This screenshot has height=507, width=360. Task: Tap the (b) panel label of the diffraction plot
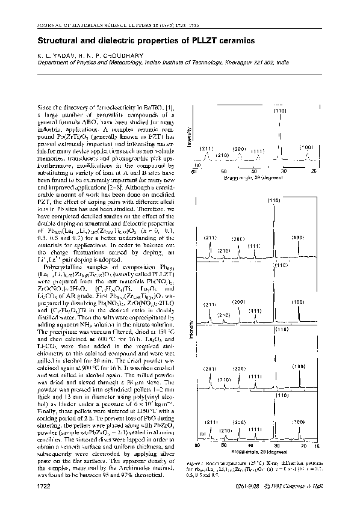[203, 431]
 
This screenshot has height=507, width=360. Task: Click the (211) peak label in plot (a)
[206, 148]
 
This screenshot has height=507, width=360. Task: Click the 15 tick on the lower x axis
[335, 446]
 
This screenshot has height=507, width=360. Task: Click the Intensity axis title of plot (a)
[191, 138]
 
